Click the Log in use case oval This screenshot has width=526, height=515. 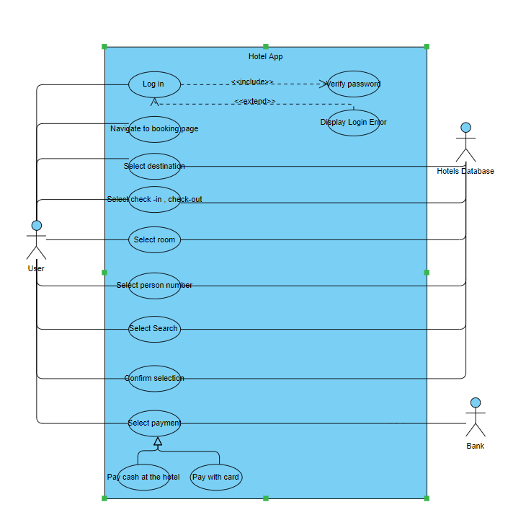pos(154,84)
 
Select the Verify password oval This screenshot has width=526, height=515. pos(353,84)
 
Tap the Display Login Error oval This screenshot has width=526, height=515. pos(353,123)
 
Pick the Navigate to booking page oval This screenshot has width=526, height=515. pos(154,129)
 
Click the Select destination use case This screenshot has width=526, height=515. pos(154,167)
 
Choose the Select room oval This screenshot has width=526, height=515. pos(154,239)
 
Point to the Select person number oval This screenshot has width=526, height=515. pos(154,286)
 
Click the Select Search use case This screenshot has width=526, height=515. pos(154,329)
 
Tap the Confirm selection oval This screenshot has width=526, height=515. pos(154,378)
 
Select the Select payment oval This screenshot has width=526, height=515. pos(154,423)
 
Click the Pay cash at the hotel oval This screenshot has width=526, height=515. pos(143,477)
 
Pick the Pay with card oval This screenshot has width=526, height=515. pos(216,477)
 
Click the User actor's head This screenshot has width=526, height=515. pos(37,225)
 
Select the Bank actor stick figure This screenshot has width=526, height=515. pos(475,418)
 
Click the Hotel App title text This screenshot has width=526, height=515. pos(266,56)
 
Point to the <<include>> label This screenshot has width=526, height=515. pos(252,82)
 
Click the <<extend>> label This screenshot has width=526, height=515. pos(254,102)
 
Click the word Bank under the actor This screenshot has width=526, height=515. pos(475,446)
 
